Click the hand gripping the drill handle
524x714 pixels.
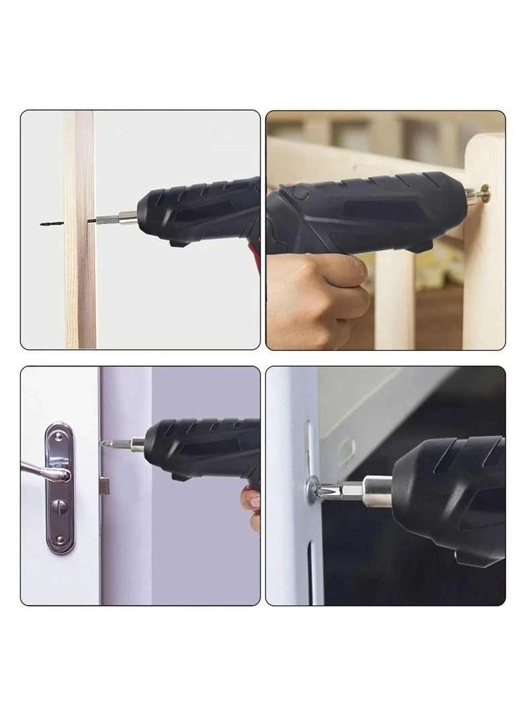[x=316, y=295]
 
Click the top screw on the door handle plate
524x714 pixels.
[x=60, y=436]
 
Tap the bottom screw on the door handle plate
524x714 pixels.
[x=60, y=540]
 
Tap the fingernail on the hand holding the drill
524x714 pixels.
[x=253, y=499]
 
